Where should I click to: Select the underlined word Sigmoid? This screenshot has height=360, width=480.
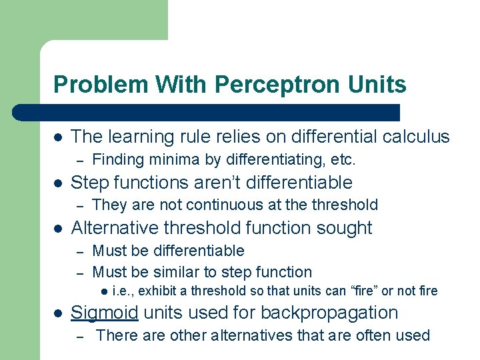tap(105, 313)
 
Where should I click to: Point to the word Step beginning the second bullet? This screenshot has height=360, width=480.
tap(89, 183)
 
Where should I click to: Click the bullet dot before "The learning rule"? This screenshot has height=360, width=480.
tap(58, 137)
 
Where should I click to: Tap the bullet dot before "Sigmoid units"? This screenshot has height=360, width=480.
tap(58, 313)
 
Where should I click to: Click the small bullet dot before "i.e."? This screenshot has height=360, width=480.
tap(103, 291)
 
